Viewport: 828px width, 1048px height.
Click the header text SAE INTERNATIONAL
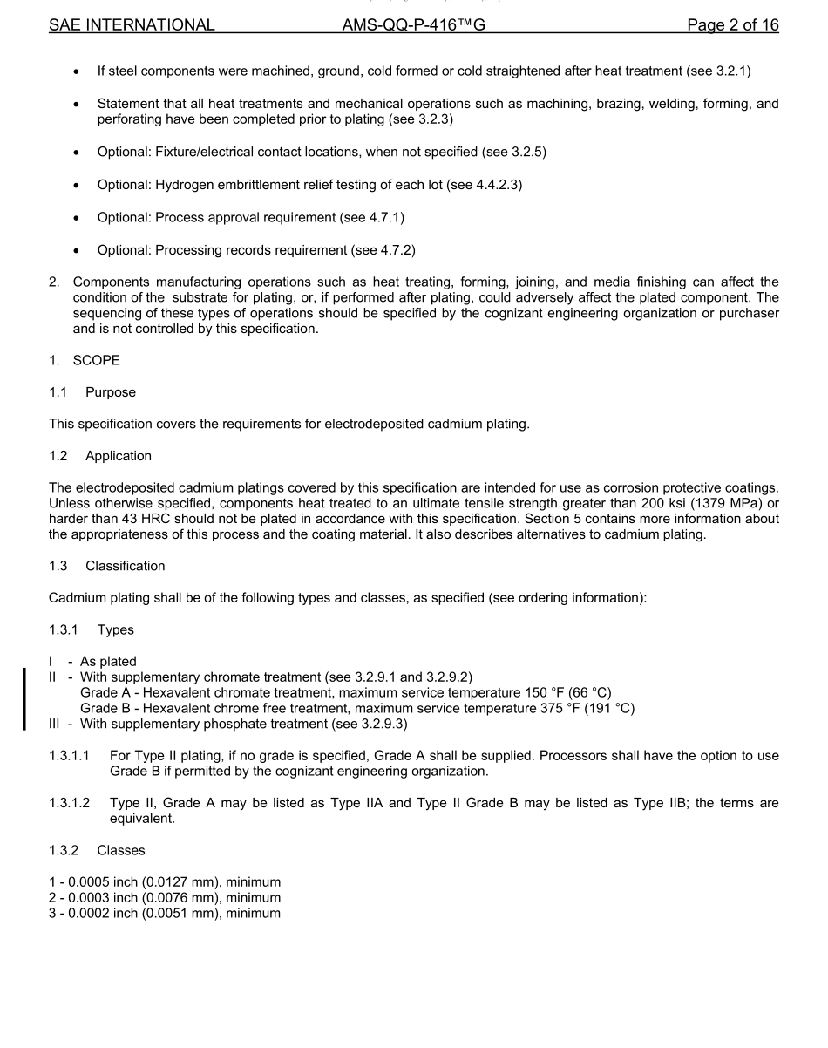[132, 25]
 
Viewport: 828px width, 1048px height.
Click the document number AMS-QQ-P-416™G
[414, 25]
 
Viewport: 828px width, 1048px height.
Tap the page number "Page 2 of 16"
[732, 25]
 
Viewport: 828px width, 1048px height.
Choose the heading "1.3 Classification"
[107, 566]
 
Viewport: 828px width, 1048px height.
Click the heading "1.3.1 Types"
[92, 629]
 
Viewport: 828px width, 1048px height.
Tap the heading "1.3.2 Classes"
[97, 850]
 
